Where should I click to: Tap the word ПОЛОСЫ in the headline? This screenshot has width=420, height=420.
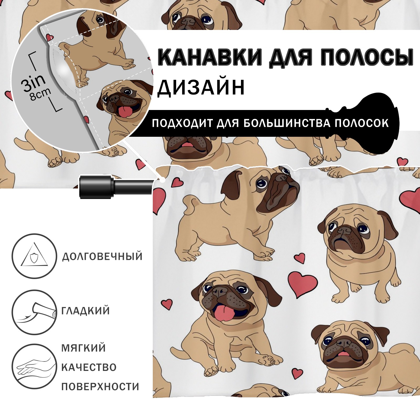(x=366, y=57)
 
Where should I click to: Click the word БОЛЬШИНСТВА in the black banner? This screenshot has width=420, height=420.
(x=287, y=123)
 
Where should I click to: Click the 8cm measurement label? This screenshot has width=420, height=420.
(x=40, y=94)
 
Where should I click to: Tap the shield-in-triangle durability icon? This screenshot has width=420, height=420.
(x=34, y=256)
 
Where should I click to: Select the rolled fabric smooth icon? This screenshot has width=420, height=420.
(x=34, y=312)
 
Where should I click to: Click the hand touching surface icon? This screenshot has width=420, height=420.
(x=34, y=366)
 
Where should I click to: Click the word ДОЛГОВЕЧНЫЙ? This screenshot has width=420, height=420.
(x=102, y=256)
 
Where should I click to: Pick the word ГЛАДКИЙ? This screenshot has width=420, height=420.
(x=86, y=311)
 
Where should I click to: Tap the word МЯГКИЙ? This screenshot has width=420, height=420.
(x=83, y=348)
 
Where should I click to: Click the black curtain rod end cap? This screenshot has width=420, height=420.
(x=97, y=187)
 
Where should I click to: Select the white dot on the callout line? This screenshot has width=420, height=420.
(x=163, y=180)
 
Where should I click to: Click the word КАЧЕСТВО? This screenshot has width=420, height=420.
(x=89, y=367)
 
